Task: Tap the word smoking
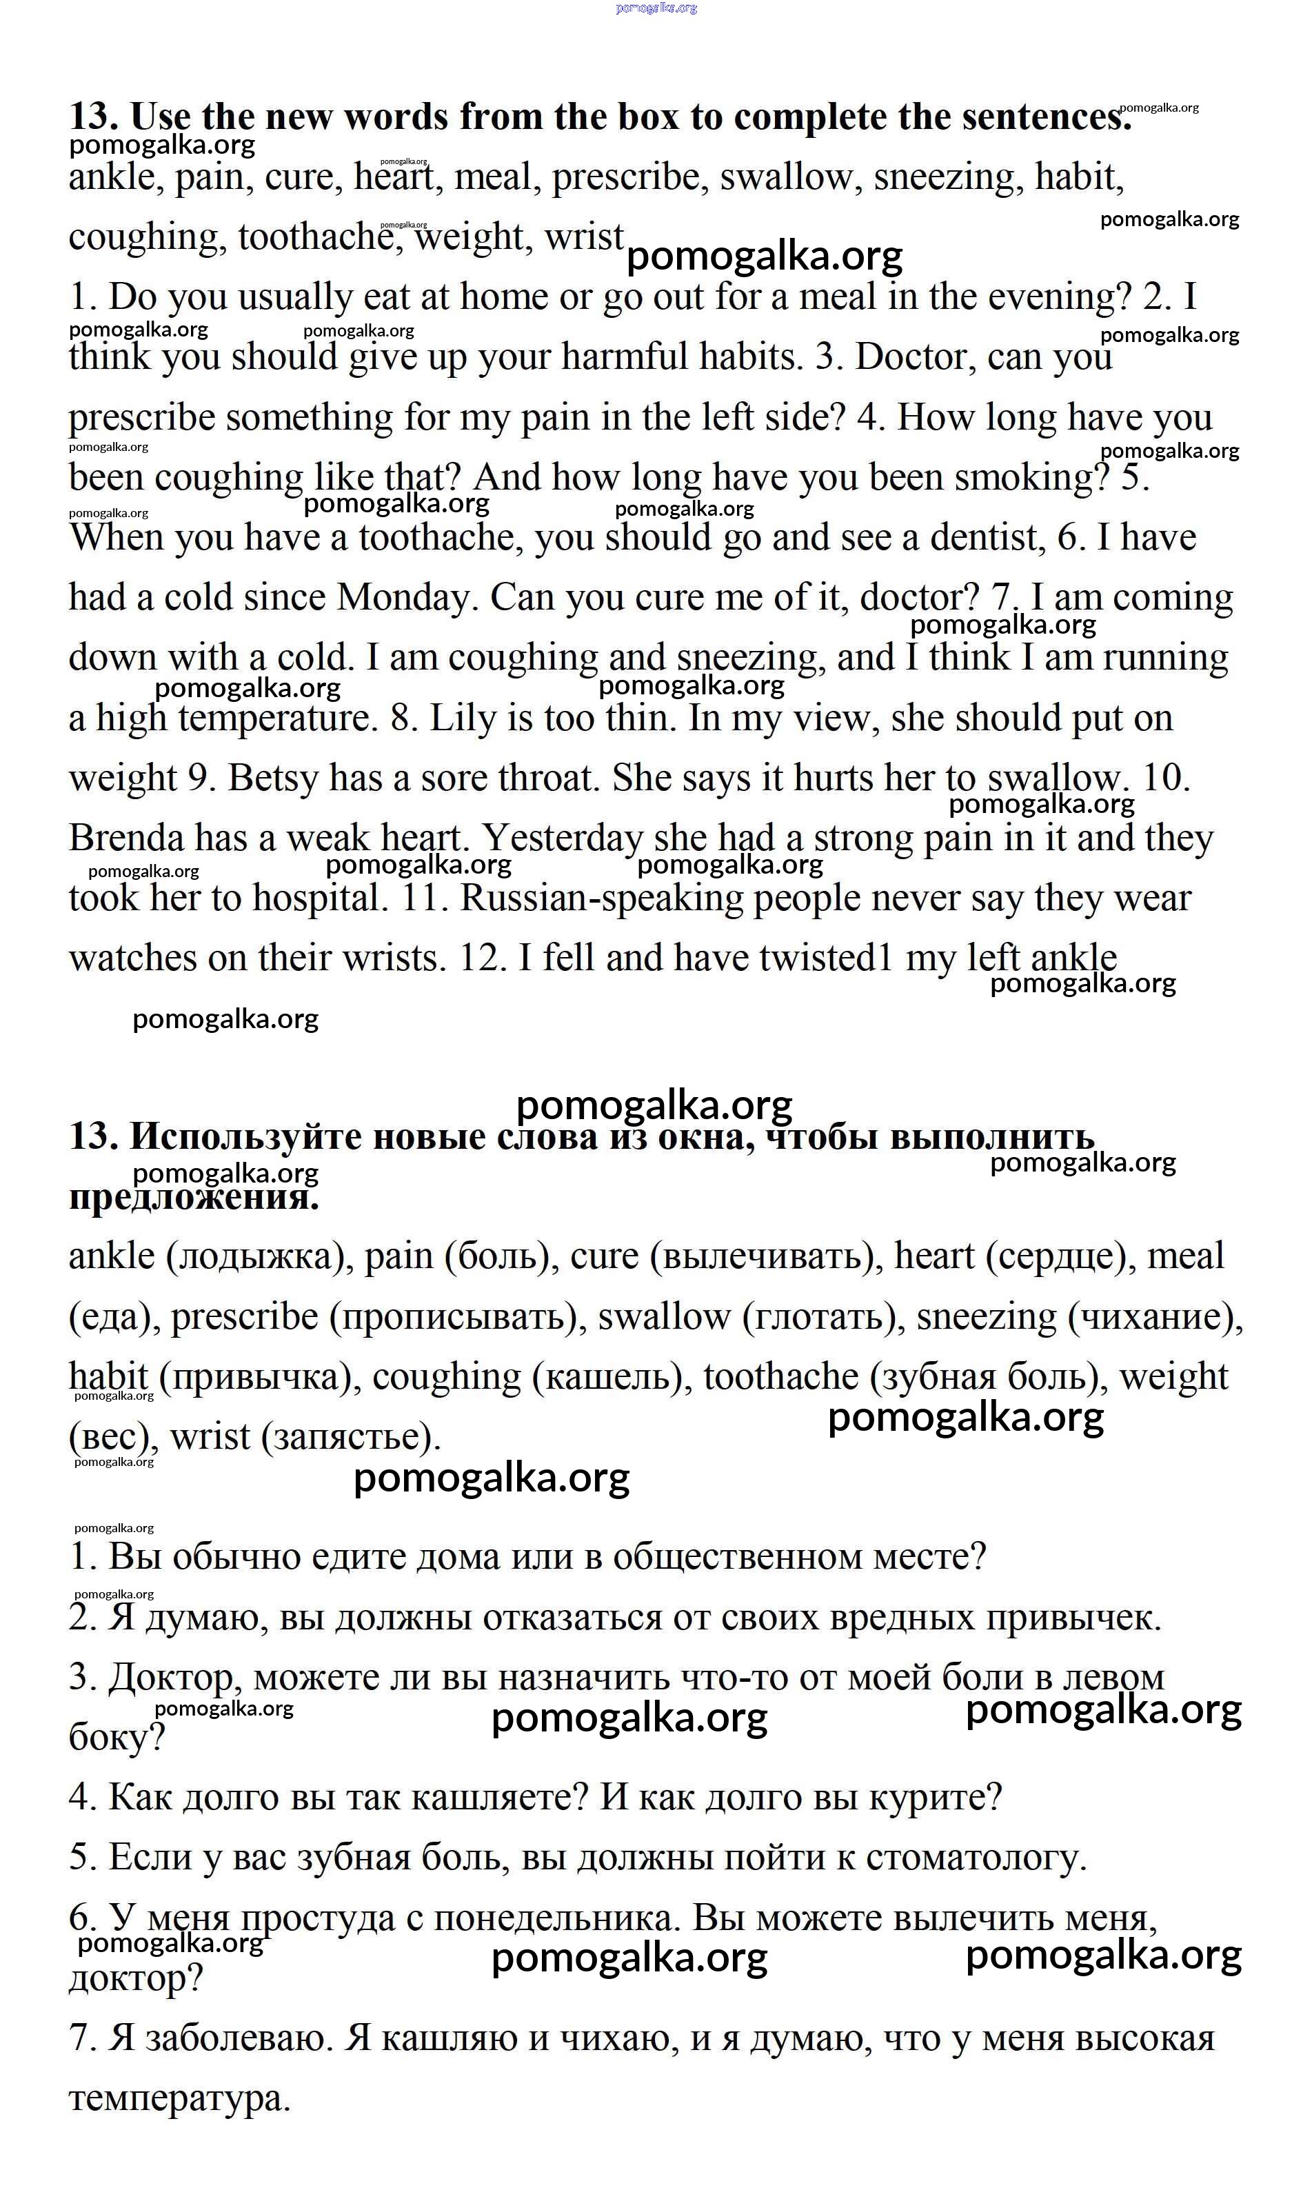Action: point(1031,479)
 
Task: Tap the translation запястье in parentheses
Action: point(351,1438)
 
